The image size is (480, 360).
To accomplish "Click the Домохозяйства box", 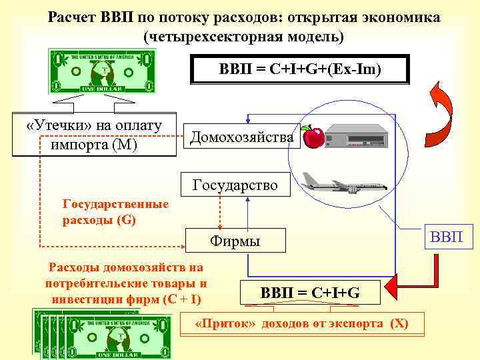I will click(241, 137).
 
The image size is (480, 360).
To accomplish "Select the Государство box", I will click(235, 185).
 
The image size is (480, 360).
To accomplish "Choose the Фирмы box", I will click(235, 241).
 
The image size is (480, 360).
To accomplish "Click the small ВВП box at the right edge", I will click(451, 236).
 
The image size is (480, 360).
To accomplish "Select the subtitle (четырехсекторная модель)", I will click(244, 36).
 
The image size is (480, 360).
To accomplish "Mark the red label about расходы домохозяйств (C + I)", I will click(125, 283).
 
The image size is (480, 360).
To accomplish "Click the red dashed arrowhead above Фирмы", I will click(221, 226).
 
